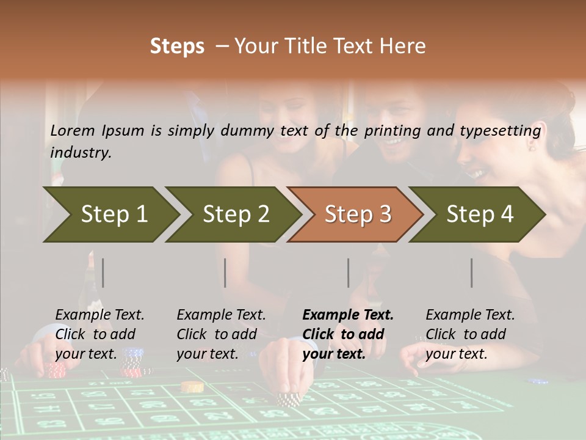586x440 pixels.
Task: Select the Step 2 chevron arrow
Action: (x=236, y=214)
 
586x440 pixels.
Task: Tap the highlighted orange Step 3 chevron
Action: (x=358, y=214)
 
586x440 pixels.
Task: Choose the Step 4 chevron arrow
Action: (x=480, y=214)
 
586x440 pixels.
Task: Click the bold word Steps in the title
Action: (x=177, y=46)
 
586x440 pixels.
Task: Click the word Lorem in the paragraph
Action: (x=73, y=130)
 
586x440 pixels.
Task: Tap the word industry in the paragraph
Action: (x=80, y=153)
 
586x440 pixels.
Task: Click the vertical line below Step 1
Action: (x=103, y=273)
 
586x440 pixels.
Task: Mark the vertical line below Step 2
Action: (x=225, y=273)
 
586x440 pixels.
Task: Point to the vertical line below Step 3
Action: (x=349, y=273)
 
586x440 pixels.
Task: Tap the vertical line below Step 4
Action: (x=472, y=273)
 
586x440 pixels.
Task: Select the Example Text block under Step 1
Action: (x=99, y=334)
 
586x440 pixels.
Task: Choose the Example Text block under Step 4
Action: (x=470, y=334)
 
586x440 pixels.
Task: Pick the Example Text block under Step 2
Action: (x=221, y=334)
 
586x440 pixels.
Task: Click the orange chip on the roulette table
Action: (x=192, y=386)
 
